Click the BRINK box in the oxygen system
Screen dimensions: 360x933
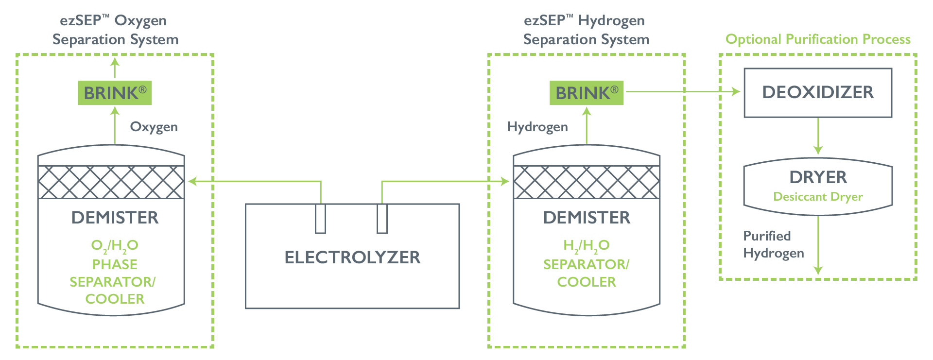[115, 93]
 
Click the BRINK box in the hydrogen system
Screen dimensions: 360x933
[586, 93]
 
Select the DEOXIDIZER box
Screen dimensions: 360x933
[818, 93]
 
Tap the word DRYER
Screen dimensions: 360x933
[818, 177]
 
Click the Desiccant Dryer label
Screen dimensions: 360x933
[818, 197]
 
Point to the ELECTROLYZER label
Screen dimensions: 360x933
[352, 257]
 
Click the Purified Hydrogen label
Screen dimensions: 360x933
[774, 244]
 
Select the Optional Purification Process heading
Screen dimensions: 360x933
[818, 39]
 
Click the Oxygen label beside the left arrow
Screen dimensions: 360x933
[154, 127]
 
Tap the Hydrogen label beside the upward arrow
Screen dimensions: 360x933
[537, 127]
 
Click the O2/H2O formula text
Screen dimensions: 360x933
[115, 246]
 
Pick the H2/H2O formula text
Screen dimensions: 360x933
[586, 246]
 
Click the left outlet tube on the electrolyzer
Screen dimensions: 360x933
[320, 219]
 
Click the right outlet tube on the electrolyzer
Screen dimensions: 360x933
[382, 219]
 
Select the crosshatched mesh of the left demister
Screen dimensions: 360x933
[111, 182]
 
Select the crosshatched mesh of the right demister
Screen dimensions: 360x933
[586, 182]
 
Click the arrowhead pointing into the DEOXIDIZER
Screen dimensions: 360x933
[736, 91]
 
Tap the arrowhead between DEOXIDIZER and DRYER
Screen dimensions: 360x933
[818, 150]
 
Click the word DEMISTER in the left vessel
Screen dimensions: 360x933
[115, 218]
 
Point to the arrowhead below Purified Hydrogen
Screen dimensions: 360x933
[818, 270]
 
